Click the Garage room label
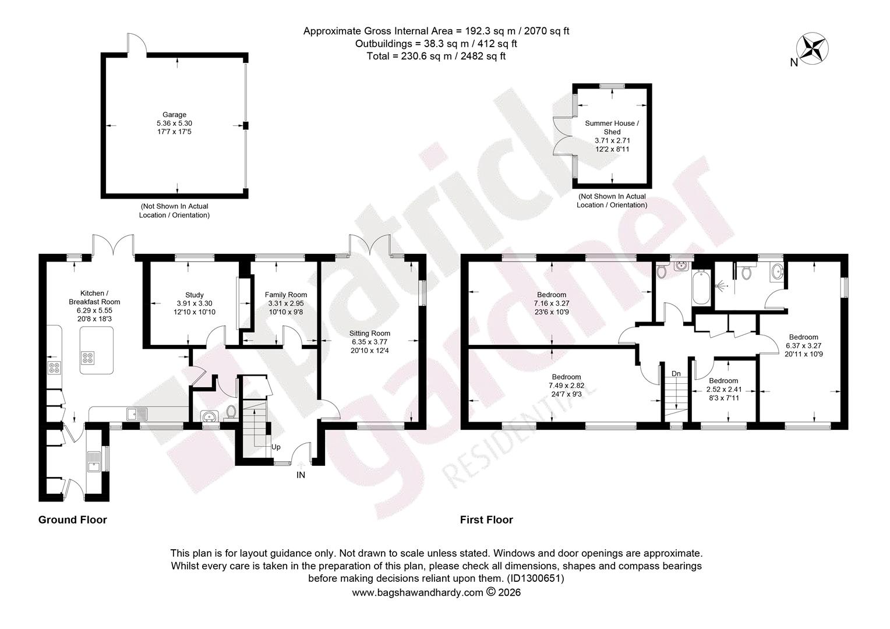pyautogui.click(x=174, y=115)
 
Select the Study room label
pyautogui.click(x=195, y=295)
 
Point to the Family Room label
pyautogui.click(x=285, y=295)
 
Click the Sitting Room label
pyautogui.click(x=369, y=333)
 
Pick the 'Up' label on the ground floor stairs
pyautogui.click(x=276, y=447)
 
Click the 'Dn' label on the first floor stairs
pyautogui.click(x=676, y=373)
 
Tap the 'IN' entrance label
pyautogui.click(x=301, y=475)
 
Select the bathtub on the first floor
pyautogui.click(x=701, y=287)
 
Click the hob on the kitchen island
pyautogui.click(x=88, y=358)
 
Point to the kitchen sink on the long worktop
pyautogui.click(x=137, y=414)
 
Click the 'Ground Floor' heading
pyautogui.click(x=73, y=520)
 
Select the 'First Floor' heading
pyautogui.click(x=486, y=520)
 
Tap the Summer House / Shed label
pyautogui.click(x=612, y=128)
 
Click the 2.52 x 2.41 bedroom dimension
pyautogui.click(x=724, y=390)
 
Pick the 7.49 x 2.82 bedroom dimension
pyautogui.click(x=567, y=386)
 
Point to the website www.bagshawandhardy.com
pyautogui.click(x=418, y=592)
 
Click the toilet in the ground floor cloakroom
pyautogui.click(x=231, y=412)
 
